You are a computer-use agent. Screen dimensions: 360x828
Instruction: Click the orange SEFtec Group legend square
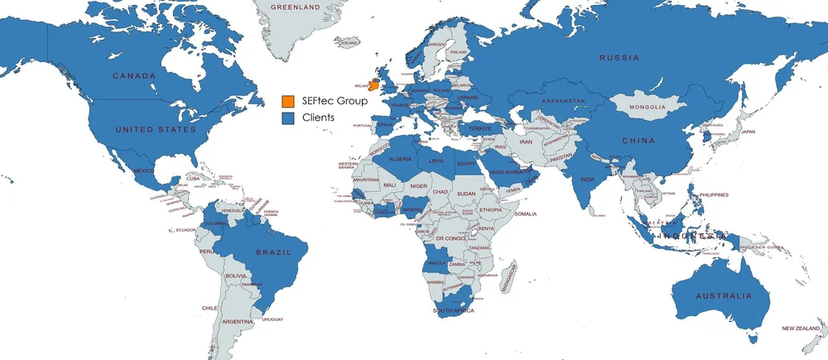pyautogui.click(x=287, y=101)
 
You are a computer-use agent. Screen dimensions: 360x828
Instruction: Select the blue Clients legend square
pyautogui.click(x=287, y=118)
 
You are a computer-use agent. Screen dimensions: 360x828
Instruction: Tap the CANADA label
pyautogui.click(x=134, y=76)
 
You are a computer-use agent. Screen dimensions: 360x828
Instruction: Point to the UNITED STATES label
pyautogui.click(x=156, y=130)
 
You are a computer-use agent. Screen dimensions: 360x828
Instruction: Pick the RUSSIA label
pyautogui.click(x=620, y=57)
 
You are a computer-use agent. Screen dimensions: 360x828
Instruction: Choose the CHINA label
pyautogui.click(x=639, y=140)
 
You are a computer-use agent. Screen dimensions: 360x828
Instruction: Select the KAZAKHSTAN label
pyautogui.click(x=564, y=101)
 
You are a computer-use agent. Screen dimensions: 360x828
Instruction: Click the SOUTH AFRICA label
pyautogui.click(x=453, y=310)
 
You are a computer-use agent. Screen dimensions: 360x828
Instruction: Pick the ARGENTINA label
pyautogui.click(x=237, y=320)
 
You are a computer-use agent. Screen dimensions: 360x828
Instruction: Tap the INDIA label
pyautogui.click(x=587, y=180)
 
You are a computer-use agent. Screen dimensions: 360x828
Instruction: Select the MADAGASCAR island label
pyautogui.click(x=511, y=274)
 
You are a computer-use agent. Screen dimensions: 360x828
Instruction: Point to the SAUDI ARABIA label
pyautogui.click(x=503, y=172)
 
